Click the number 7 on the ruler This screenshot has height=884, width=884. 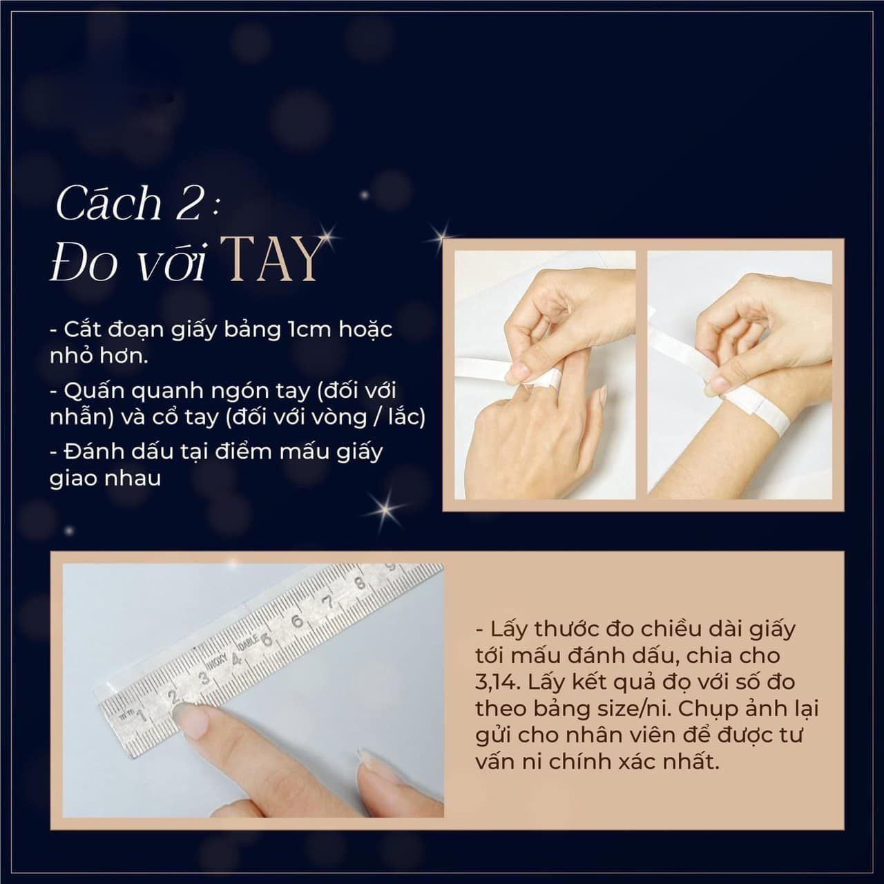pos(327,601)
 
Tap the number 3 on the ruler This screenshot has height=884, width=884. pos(203,678)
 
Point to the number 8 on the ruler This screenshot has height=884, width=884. pos(360,583)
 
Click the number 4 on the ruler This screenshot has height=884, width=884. pos(236,660)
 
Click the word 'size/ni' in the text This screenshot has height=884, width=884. pos(633,709)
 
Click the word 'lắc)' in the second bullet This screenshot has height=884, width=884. pos(407,417)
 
